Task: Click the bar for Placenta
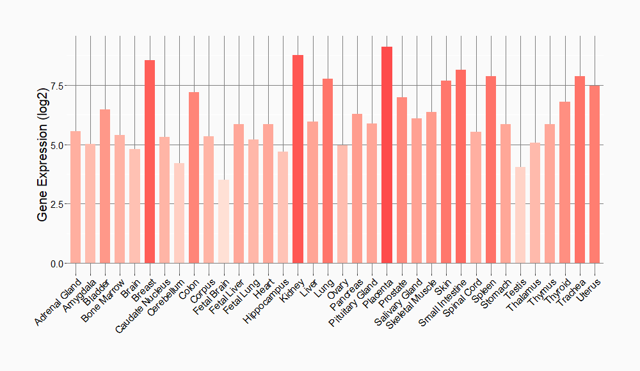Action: click(387, 155)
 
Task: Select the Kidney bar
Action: click(298, 159)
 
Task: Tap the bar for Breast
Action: click(150, 162)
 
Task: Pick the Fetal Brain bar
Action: click(223, 221)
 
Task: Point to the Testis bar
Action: click(520, 215)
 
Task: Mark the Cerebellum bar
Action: click(179, 213)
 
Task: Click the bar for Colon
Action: click(194, 178)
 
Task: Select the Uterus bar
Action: click(595, 174)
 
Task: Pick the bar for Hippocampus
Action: click(283, 207)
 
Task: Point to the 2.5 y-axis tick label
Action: click(56, 204)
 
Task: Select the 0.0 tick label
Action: click(56, 264)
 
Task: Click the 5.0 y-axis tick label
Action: click(56, 145)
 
